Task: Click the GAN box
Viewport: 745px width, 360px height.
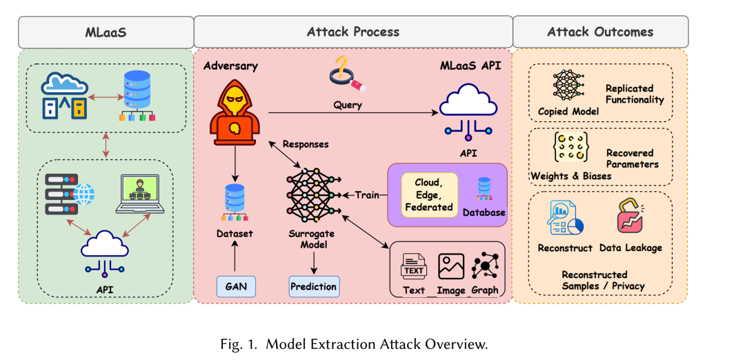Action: [236, 286]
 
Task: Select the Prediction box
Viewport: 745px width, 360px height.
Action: [314, 286]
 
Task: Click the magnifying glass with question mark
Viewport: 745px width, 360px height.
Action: [347, 73]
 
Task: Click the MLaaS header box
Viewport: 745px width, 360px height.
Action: [106, 32]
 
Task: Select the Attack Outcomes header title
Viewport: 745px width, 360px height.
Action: [600, 32]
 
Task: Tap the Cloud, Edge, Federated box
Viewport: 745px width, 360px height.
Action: [430, 194]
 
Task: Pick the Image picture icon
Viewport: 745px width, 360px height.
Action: [451, 266]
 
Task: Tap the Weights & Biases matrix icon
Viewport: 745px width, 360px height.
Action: [568, 148]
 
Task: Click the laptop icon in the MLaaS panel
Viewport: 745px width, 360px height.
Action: [140, 194]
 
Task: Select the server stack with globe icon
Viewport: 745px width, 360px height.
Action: [70, 194]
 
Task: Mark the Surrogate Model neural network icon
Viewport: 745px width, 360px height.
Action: [314, 194]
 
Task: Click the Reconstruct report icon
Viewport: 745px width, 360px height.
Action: [565, 218]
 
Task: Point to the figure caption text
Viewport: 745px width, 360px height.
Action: [354, 344]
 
